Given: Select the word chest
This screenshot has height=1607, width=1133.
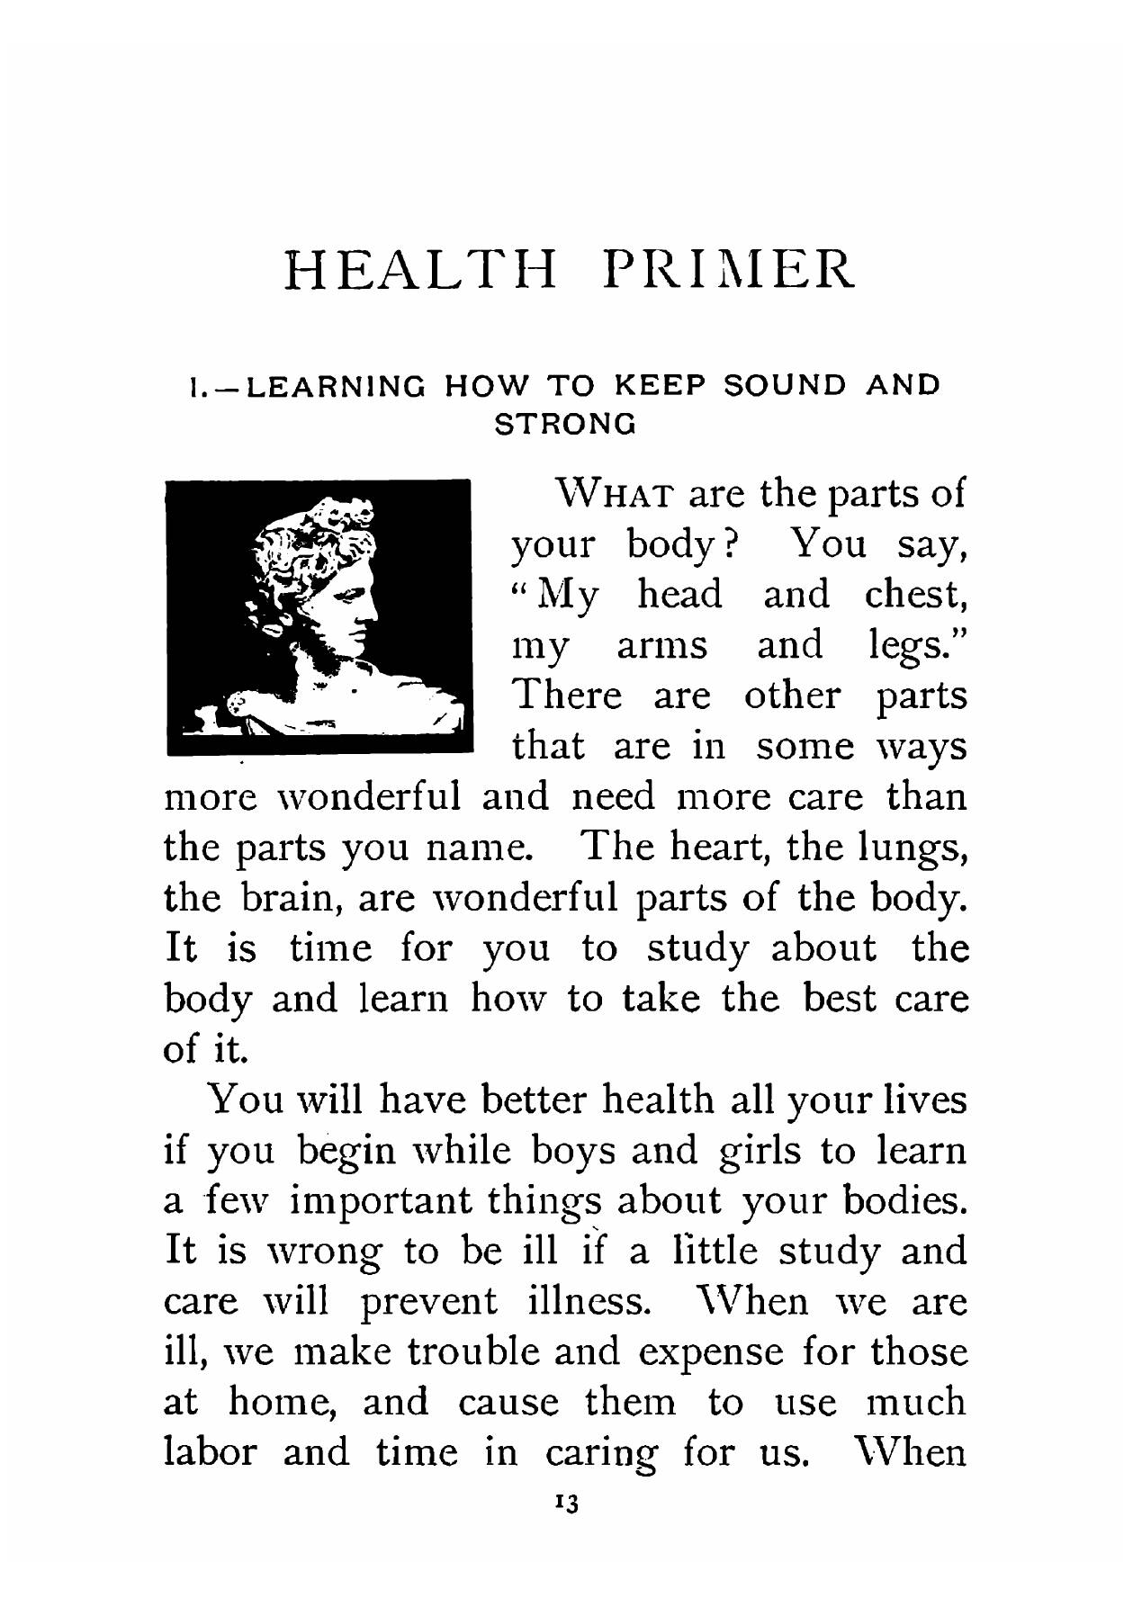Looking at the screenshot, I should point(914,596).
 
